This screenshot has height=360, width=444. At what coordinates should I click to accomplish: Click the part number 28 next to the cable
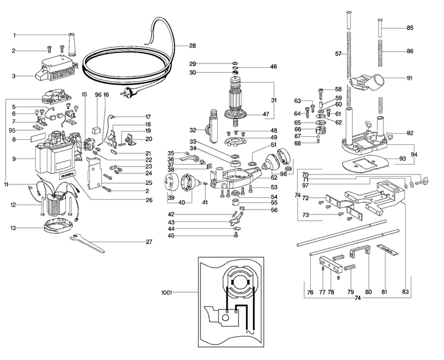click(192, 46)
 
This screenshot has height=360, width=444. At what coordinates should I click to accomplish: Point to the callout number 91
click(410, 78)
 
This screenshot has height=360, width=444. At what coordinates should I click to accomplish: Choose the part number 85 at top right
click(410, 28)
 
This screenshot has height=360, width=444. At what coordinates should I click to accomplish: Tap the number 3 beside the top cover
click(14, 76)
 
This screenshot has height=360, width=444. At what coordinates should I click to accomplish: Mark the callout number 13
click(14, 227)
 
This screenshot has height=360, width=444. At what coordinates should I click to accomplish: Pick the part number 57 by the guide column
click(338, 54)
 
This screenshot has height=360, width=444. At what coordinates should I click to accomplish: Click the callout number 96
click(97, 95)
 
